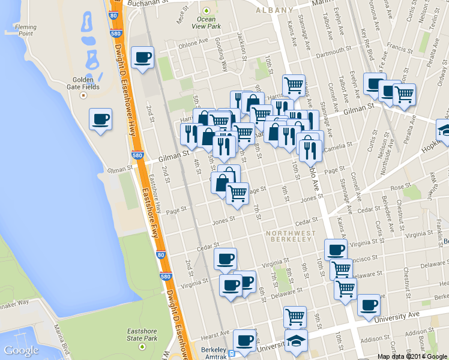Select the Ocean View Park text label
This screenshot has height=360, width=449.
point(206,23)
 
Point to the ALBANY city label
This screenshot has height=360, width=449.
point(274,10)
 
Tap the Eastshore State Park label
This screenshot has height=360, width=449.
point(142,335)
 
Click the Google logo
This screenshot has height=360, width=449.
point(21,350)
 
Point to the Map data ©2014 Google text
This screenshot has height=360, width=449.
point(412,356)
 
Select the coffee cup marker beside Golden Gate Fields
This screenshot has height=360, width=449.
point(100,118)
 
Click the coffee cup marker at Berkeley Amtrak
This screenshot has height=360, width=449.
point(244,340)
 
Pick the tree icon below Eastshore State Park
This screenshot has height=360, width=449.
point(142,346)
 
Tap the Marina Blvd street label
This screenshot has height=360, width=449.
point(63,340)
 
